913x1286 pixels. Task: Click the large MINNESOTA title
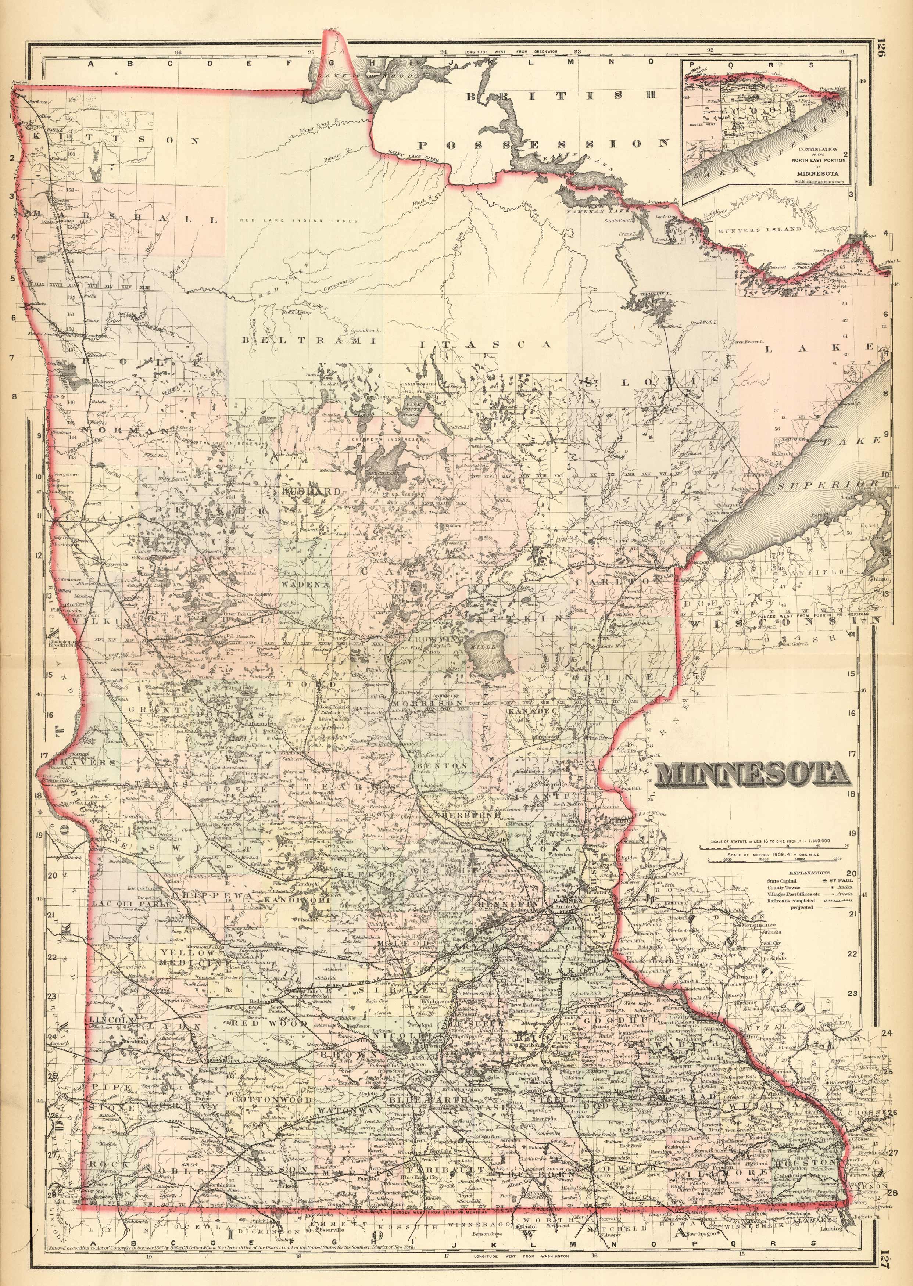752,775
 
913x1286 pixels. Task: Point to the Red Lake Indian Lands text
298,221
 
